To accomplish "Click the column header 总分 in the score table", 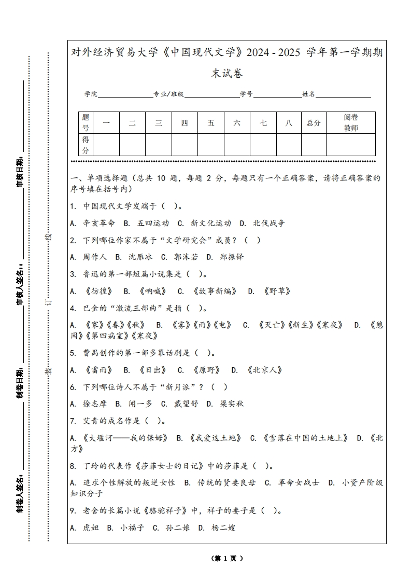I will point(313,123).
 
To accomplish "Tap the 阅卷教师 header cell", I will point(351,123).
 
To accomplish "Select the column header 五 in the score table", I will point(211,123).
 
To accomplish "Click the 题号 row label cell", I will point(86,123).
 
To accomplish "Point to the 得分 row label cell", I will point(86,145).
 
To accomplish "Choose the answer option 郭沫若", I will point(185,257).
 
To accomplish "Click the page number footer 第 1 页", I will point(227,559).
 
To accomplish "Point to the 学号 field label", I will point(246,94).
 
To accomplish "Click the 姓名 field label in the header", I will point(308,94).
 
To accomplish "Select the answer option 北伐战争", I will point(268,223).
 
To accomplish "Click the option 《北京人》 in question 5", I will point(265,370).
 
